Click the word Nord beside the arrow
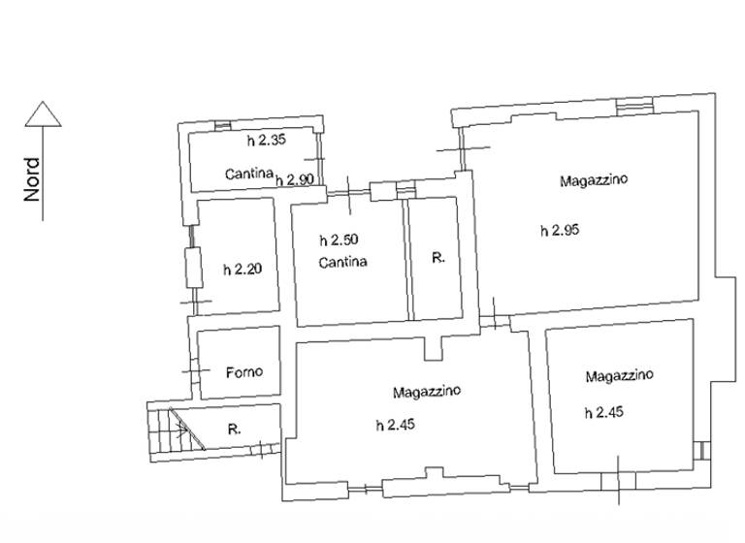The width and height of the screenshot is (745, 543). tap(33, 179)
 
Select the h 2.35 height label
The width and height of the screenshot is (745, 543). tap(266, 141)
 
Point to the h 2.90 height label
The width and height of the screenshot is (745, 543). tap(294, 179)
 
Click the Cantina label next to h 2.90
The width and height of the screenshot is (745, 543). tap(247, 175)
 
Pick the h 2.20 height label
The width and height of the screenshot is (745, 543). tap(242, 270)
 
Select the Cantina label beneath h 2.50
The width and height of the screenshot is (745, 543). tap(342, 262)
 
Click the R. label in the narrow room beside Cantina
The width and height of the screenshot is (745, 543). tap(437, 259)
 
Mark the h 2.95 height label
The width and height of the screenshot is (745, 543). tap(559, 230)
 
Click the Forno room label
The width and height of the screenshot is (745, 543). tap(244, 371)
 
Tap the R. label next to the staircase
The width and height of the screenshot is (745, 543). tap(233, 428)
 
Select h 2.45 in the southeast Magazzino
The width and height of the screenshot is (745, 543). tap(603, 412)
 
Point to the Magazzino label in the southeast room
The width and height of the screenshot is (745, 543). tap(619, 374)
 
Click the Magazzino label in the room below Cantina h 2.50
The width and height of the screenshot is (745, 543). tap(427, 392)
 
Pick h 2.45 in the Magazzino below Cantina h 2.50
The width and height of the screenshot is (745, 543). tap(395, 424)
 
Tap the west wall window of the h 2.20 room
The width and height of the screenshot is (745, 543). tap(192, 269)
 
